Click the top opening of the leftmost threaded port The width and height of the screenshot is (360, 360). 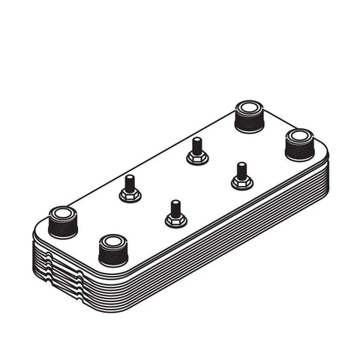click(x=62, y=213)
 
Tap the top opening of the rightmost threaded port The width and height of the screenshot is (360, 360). click(x=298, y=137)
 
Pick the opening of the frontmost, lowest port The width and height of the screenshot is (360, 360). click(x=113, y=242)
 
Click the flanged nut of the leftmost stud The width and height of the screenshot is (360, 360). click(x=130, y=196)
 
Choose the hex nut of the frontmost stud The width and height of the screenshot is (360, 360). click(x=174, y=220)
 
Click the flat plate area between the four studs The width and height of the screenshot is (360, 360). click(x=185, y=181)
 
